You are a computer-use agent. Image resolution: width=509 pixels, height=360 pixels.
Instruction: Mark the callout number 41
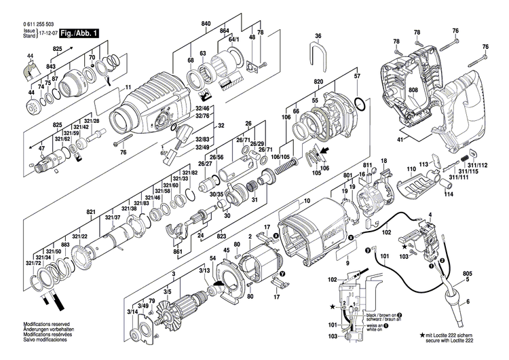(x=400, y=139)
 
